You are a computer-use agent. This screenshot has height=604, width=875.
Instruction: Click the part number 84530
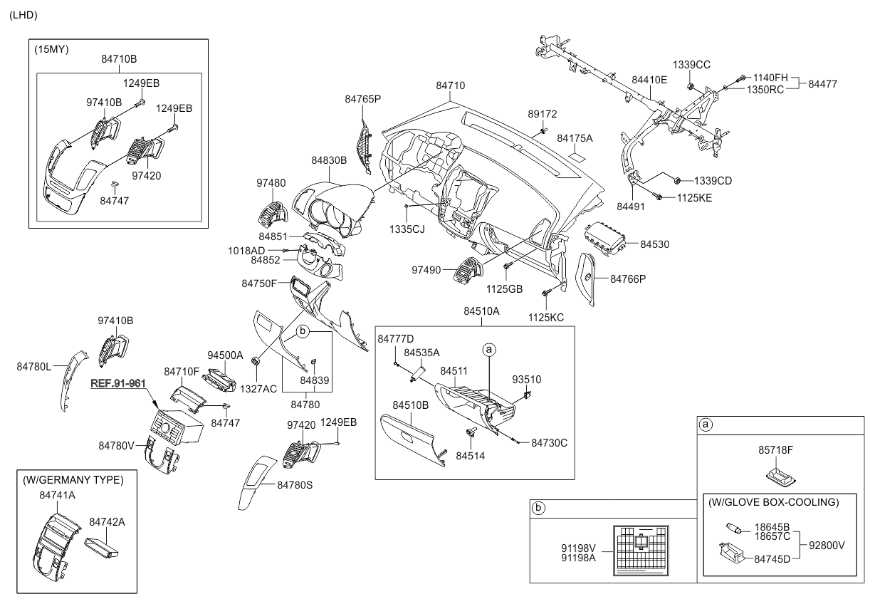(x=655, y=244)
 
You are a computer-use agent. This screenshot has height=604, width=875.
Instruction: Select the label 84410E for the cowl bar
(x=649, y=80)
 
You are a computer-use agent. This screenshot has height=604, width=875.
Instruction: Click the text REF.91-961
(x=118, y=383)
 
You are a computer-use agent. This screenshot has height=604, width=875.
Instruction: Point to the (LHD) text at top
(x=23, y=15)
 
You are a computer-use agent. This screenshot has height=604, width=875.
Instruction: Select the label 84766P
(x=628, y=278)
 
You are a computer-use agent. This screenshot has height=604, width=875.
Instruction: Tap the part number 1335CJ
(x=407, y=229)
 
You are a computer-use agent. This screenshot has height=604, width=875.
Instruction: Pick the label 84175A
(x=575, y=138)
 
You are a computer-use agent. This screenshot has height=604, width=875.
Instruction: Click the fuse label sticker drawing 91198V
(x=641, y=549)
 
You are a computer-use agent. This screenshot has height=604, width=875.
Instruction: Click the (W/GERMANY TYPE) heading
(x=72, y=480)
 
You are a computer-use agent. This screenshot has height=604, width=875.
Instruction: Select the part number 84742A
(x=107, y=521)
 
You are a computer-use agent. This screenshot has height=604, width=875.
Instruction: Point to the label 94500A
(x=225, y=355)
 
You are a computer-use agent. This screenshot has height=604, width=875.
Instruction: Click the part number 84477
(x=822, y=83)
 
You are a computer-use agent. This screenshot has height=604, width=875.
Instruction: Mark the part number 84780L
(x=34, y=366)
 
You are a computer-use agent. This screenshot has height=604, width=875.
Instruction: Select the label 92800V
(x=827, y=545)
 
